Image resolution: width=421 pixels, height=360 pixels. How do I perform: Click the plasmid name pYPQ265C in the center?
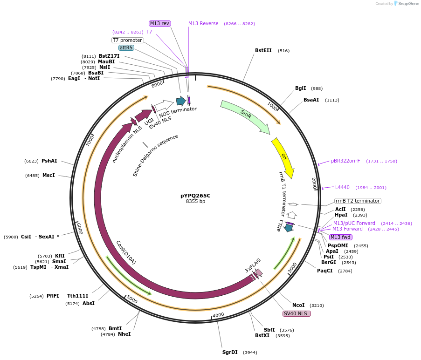[x=195, y=196]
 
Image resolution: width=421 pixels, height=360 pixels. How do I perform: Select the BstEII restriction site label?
[x=263, y=50]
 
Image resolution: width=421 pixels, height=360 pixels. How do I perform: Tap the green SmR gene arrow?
[x=245, y=116]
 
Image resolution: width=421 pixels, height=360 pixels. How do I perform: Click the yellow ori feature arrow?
[x=283, y=158]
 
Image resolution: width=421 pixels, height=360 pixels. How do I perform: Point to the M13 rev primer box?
[x=159, y=23]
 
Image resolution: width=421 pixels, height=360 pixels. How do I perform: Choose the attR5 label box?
[x=126, y=48]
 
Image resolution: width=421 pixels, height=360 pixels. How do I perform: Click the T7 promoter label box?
[x=127, y=40]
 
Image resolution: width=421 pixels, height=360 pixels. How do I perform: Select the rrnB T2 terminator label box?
[x=358, y=201]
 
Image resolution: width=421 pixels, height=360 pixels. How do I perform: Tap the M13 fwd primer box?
[x=340, y=237]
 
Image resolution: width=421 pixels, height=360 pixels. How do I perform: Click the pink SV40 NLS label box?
[x=297, y=313]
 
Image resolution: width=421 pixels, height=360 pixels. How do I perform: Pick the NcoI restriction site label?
[x=298, y=306]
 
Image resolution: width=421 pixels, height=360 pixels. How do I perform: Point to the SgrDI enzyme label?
[x=230, y=352]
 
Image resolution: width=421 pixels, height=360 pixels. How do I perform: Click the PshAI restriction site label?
[x=49, y=161]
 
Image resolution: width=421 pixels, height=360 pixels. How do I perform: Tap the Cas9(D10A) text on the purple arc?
[x=126, y=252]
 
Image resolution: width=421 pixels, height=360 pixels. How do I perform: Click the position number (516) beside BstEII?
[x=283, y=51]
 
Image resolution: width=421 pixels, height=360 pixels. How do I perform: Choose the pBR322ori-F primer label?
[x=345, y=161]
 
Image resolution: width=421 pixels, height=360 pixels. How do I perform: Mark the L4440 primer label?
[x=342, y=187]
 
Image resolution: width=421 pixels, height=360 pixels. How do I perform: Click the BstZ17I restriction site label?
[x=109, y=56]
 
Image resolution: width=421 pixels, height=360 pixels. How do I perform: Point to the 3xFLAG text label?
[x=253, y=265]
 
